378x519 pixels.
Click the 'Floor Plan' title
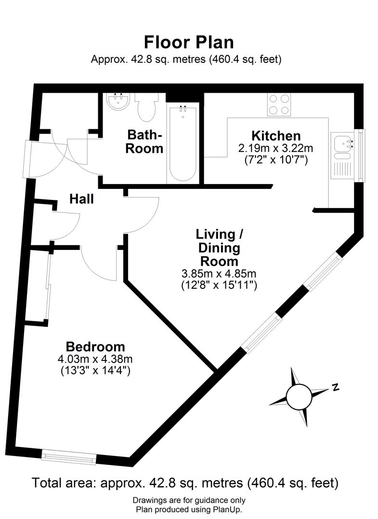(x=189, y=42)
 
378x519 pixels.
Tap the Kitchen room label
(x=276, y=136)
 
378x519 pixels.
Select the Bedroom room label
(x=95, y=346)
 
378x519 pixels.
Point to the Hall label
(x=81, y=198)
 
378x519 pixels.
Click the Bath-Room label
(x=144, y=141)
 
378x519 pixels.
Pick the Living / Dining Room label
(x=219, y=248)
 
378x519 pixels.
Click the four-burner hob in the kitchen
(x=279, y=104)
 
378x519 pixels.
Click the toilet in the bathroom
(x=145, y=107)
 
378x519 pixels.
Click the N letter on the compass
(x=336, y=387)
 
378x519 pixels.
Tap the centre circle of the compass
(x=299, y=396)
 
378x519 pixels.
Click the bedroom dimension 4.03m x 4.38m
(x=95, y=359)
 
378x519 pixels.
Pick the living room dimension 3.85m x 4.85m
(x=219, y=274)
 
